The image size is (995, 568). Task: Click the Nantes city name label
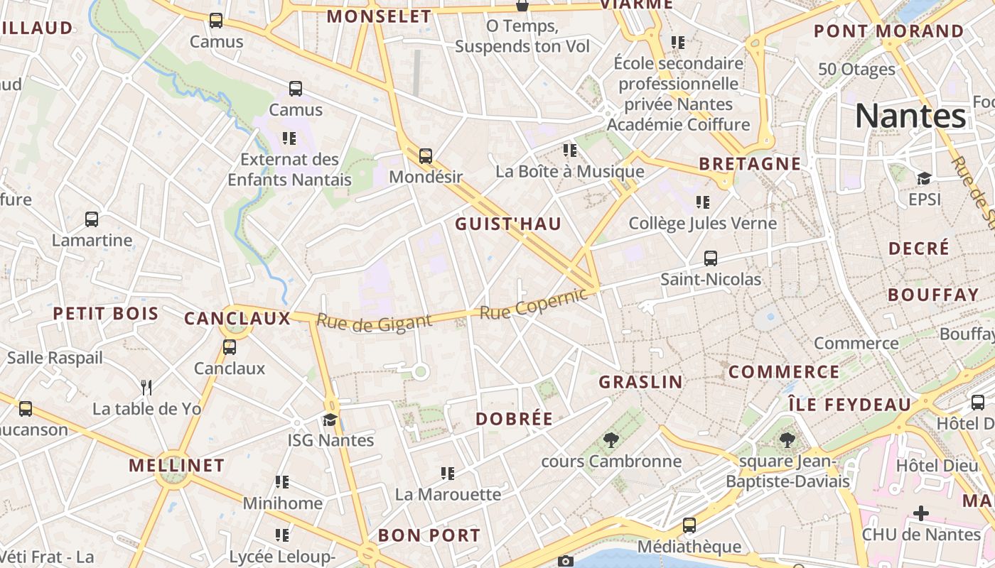pyautogui.click(x=910, y=116)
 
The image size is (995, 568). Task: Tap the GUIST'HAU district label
pyautogui.click(x=508, y=224)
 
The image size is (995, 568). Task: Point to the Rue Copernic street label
pyautogui.click(x=534, y=305)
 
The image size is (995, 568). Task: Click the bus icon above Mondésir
pyautogui.click(x=426, y=155)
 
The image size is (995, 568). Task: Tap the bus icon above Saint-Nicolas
pyautogui.click(x=711, y=258)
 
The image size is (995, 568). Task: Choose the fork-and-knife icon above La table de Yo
pyautogui.click(x=146, y=387)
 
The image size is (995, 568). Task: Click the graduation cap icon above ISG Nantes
pyautogui.click(x=330, y=420)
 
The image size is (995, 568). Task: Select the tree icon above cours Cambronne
pyautogui.click(x=611, y=440)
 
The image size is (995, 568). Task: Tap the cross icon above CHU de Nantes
pyautogui.click(x=921, y=513)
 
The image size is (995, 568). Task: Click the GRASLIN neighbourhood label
pyautogui.click(x=640, y=382)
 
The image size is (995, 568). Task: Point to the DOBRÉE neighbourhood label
pyautogui.click(x=514, y=419)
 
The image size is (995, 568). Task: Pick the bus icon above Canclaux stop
pyautogui.click(x=229, y=347)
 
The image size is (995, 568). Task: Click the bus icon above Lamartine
pyautogui.click(x=92, y=219)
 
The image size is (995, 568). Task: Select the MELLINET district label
pyautogui.click(x=176, y=466)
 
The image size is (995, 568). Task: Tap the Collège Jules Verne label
pyautogui.click(x=702, y=224)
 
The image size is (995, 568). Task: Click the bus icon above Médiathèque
pyautogui.click(x=689, y=525)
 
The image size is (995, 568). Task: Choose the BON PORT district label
pyautogui.click(x=429, y=535)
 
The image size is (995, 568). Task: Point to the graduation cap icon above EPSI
pyautogui.click(x=924, y=178)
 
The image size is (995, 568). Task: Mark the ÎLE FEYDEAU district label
pyautogui.click(x=849, y=405)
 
